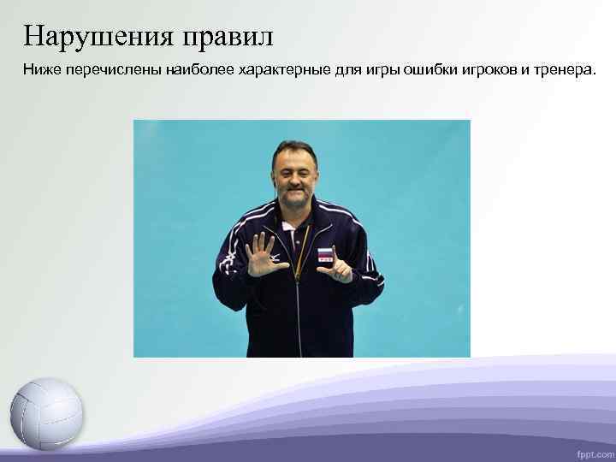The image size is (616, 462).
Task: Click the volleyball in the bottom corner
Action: (47, 414)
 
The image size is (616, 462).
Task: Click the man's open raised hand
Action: (264, 256)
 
